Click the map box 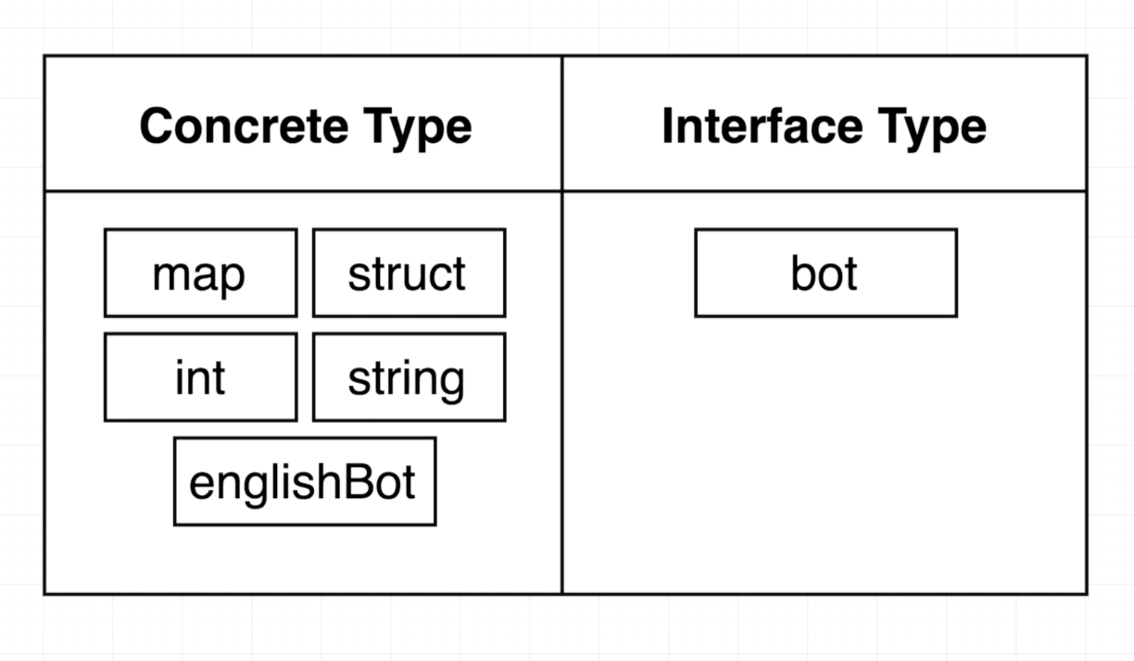point(201,273)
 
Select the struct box point(409,273)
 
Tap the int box point(201,377)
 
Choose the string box point(409,377)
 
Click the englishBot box point(305,482)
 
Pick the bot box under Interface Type point(826,273)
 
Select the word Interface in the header point(762,126)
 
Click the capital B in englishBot point(354,482)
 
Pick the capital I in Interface point(667,126)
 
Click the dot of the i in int point(180,362)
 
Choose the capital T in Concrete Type point(377,126)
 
